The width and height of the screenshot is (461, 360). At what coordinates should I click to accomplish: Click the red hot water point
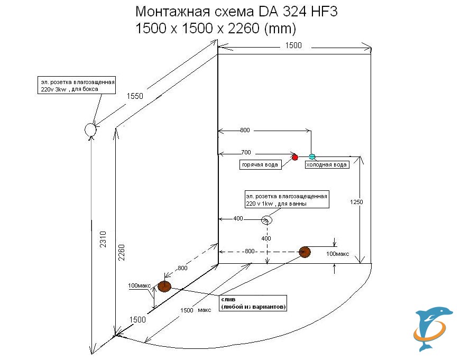click(x=295, y=157)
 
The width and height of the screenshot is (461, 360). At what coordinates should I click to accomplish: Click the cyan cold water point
click(x=312, y=156)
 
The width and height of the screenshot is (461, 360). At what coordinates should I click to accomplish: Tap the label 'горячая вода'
click(x=260, y=165)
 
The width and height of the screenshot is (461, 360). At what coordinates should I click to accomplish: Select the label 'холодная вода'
click(x=327, y=165)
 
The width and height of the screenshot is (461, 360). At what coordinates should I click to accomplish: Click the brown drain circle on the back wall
click(x=305, y=252)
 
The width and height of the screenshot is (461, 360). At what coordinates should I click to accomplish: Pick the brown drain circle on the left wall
click(x=164, y=287)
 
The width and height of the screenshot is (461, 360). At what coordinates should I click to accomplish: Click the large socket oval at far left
click(x=90, y=129)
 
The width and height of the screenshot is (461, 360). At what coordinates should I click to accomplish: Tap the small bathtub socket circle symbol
click(x=268, y=219)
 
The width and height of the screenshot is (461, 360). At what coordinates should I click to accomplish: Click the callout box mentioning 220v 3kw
click(x=77, y=86)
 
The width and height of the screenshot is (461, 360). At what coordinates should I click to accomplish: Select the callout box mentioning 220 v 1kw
click(x=287, y=199)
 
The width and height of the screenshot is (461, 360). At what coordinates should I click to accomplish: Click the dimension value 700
click(x=245, y=152)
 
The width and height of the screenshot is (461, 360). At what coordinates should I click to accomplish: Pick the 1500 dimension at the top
click(x=293, y=45)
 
